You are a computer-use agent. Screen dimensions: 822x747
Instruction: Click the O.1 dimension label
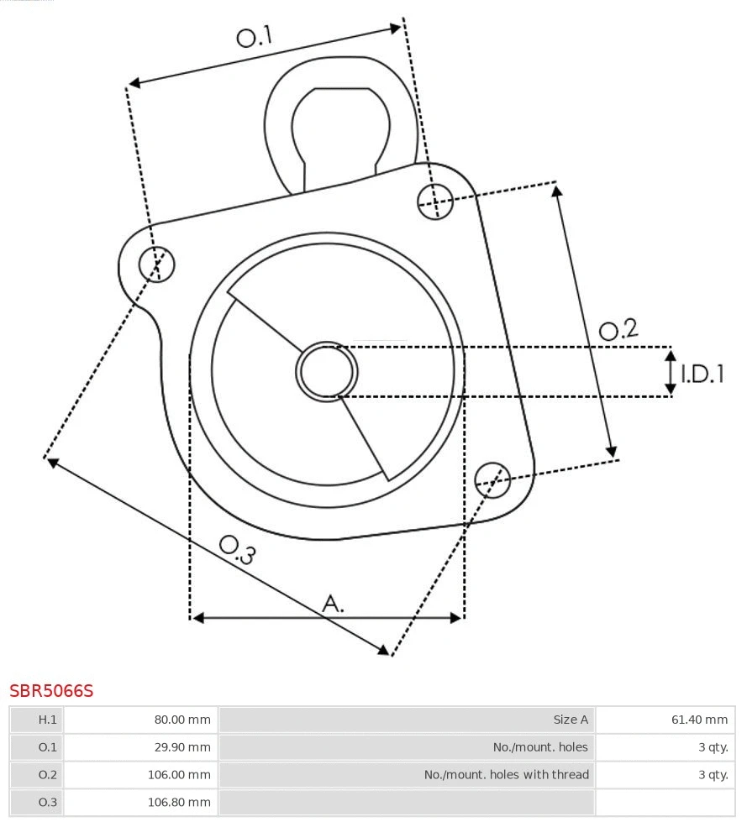point(255,36)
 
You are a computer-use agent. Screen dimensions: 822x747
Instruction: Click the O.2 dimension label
point(618,329)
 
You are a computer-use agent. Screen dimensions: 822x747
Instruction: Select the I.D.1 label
point(702,374)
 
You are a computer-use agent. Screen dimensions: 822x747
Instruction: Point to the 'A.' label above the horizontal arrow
point(334,603)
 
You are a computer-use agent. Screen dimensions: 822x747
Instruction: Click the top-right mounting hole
point(435,201)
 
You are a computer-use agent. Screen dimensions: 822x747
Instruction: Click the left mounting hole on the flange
point(157,264)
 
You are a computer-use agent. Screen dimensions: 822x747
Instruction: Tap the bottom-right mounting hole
point(492,479)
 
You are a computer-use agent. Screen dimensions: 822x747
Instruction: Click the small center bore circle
point(327,371)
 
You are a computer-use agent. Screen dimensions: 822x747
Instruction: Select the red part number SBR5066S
point(51,691)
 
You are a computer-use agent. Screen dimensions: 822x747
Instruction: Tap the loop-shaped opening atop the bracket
point(340,126)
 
